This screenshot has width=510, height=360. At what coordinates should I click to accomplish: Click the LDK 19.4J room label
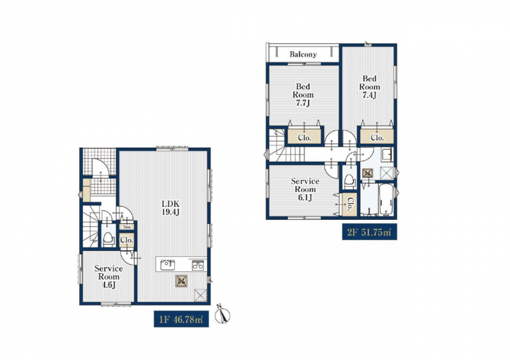click(171, 208)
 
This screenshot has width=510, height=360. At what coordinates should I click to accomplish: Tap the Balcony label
click(303, 54)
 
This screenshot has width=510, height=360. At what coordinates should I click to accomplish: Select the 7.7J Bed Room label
click(303, 95)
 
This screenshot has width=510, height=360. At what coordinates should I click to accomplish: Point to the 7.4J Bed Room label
click(369, 87)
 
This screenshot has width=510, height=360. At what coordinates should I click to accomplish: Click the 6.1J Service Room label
click(305, 189)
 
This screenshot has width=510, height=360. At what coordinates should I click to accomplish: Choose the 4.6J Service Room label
click(108, 277)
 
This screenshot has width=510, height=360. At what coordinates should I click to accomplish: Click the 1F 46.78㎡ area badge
click(181, 320)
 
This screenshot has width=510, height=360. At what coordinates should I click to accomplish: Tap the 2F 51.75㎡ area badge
click(370, 232)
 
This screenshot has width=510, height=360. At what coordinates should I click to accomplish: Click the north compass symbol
click(222, 314)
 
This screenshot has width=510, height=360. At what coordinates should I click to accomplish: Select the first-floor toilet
click(108, 239)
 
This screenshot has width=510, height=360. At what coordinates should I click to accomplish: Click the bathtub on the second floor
click(386, 199)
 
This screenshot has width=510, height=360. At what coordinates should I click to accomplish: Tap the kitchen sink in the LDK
click(168, 264)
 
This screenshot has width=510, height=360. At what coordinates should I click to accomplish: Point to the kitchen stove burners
click(198, 265)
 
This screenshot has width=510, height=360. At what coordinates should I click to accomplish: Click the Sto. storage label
click(127, 227)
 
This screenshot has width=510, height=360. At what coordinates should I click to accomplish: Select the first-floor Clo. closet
click(126, 240)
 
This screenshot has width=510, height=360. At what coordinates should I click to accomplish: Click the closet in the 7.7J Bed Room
click(305, 138)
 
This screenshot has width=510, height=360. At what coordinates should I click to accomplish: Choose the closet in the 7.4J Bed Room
click(377, 138)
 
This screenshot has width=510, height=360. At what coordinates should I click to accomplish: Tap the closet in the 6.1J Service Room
click(349, 205)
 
